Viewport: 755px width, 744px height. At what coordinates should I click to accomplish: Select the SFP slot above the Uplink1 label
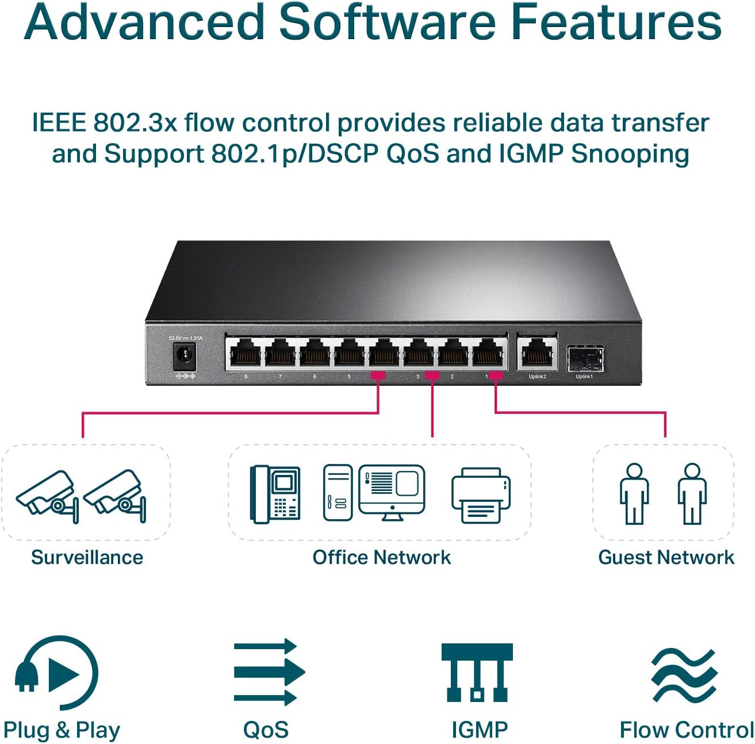click(585, 359)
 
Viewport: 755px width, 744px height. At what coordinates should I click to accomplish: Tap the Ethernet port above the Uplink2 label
click(536, 354)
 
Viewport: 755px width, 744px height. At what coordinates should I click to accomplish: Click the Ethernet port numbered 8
click(246, 353)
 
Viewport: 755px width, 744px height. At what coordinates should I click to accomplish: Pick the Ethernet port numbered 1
click(488, 353)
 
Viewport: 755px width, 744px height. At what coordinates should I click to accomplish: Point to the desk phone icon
click(275, 494)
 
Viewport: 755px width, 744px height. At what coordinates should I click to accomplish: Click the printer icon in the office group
click(481, 495)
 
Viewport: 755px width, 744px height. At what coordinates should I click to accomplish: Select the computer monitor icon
click(392, 492)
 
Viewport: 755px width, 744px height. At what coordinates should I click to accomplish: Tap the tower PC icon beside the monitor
click(338, 493)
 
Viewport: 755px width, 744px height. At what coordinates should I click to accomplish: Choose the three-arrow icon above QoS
click(269, 672)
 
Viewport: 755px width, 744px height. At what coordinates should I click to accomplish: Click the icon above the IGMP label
click(477, 672)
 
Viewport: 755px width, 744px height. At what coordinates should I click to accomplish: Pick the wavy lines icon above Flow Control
click(684, 676)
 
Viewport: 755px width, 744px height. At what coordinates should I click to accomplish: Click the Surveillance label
click(87, 557)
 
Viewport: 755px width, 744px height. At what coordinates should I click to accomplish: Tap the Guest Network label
click(666, 557)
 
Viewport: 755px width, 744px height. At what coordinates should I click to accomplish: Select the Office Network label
click(381, 557)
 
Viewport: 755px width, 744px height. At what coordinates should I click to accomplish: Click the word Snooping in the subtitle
click(630, 154)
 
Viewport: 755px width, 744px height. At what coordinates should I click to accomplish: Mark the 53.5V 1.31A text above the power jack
click(185, 338)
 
